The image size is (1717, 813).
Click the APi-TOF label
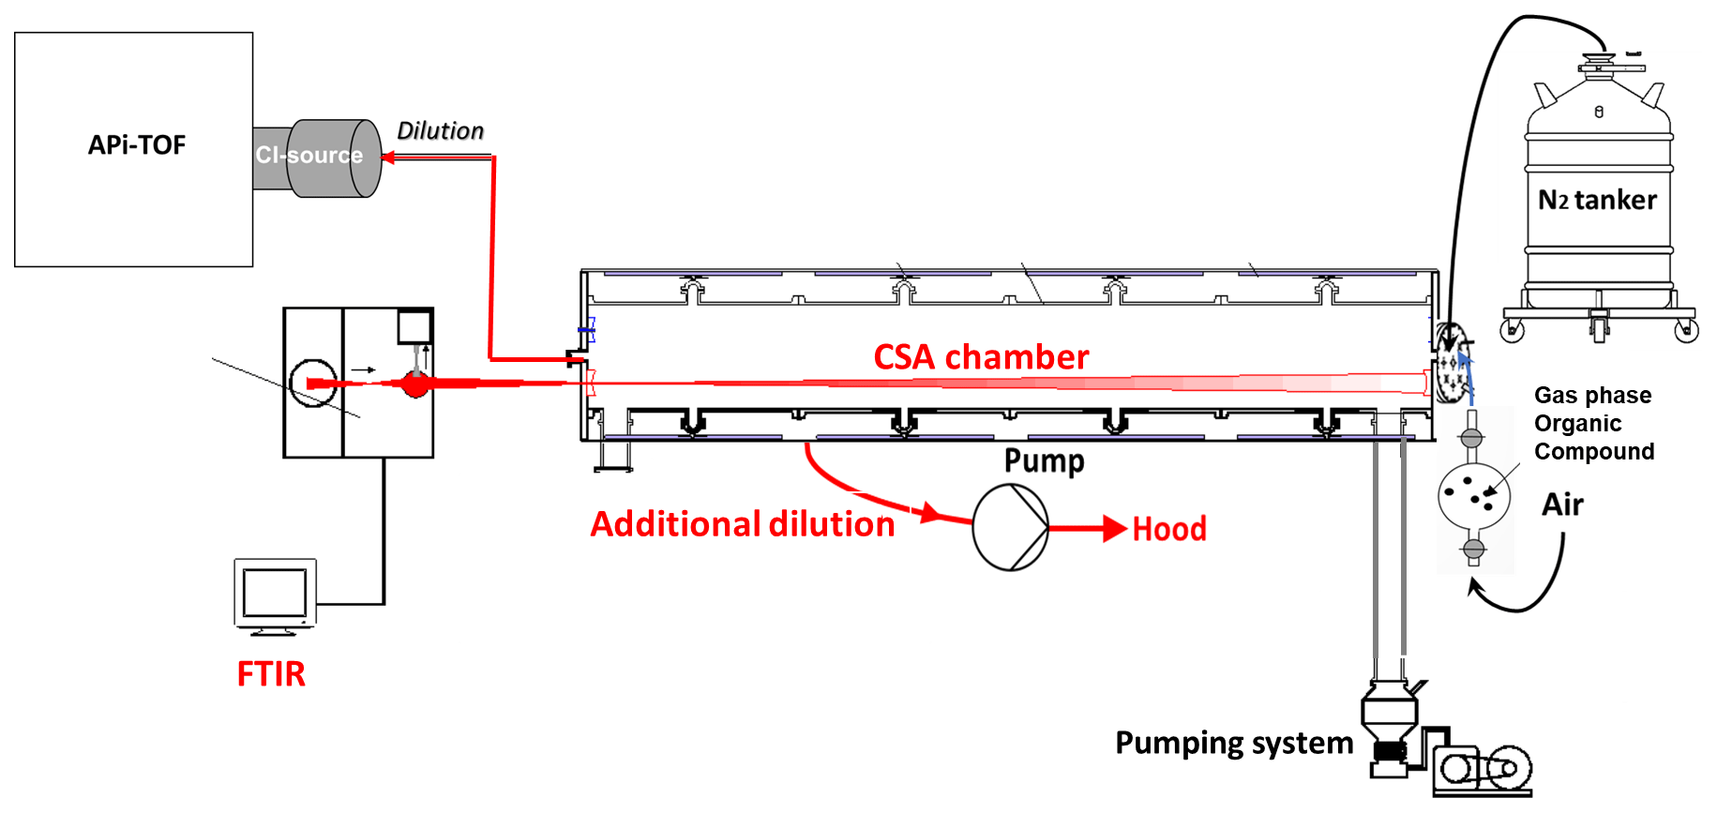click(137, 145)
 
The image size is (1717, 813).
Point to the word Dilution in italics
click(441, 131)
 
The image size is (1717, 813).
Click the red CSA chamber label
click(981, 357)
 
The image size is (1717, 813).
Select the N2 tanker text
click(1597, 201)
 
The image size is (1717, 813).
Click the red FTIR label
click(271, 674)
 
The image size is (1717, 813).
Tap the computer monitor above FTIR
click(275, 595)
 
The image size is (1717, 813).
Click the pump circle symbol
click(1010, 528)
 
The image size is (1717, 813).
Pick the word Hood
click(1169, 530)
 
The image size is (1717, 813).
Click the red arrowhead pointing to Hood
click(1114, 529)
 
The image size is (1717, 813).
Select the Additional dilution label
click(743, 524)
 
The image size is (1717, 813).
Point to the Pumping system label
click(1234, 744)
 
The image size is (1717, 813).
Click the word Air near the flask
click(1562, 505)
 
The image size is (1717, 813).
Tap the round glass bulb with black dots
click(1473, 495)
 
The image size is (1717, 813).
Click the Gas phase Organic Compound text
click(1593, 424)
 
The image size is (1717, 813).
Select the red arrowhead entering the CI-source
click(388, 158)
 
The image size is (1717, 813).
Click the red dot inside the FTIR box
click(414, 384)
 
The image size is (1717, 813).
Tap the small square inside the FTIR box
click(414, 326)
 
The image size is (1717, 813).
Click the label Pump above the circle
click(1044, 461)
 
